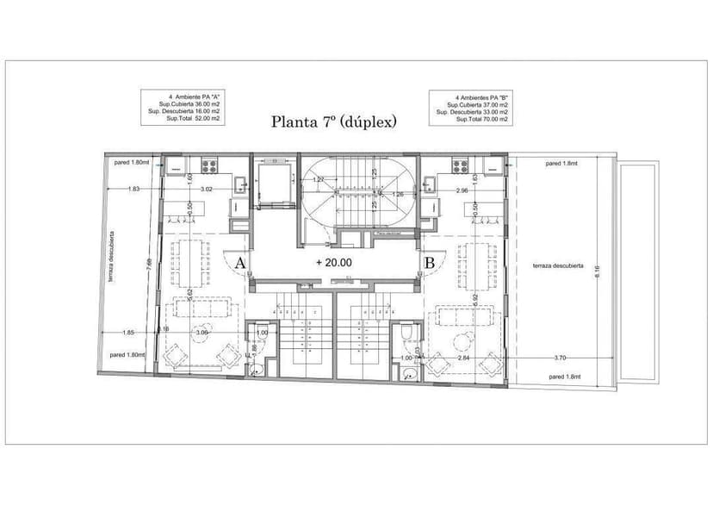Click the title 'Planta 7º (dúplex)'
334,122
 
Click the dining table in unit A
187,262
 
